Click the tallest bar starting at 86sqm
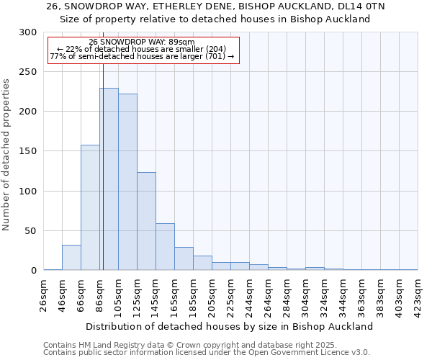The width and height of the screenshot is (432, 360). pos(109,179)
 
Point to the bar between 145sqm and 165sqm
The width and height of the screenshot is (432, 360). pos(165,247)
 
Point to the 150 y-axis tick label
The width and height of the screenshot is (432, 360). pos(27,152)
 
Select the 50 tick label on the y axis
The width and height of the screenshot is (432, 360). pos(30,231)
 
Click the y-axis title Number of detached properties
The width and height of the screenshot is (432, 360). pos(7,155)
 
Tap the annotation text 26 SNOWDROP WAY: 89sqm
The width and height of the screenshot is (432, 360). pos(142,42)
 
